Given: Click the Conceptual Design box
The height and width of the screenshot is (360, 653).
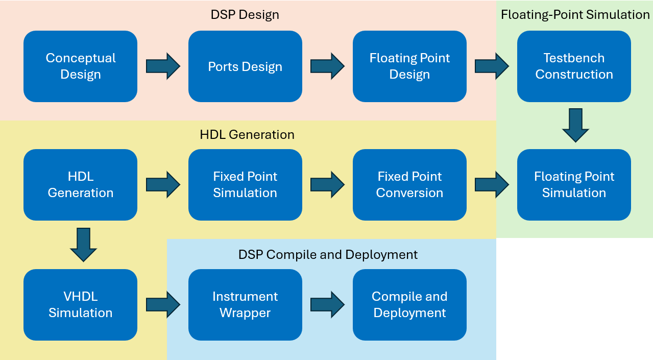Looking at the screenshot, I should pyautogui.click(x=80, y=66).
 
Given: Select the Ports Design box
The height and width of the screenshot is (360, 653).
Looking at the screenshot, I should pyautogui.click(x=245, y=66).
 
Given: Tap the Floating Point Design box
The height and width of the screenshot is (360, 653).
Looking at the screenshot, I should pyautogui.click(x=409, y=66).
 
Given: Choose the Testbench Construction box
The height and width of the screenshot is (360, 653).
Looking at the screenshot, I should pyautogui.click(x=574, y=66).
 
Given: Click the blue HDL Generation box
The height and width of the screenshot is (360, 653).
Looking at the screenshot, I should pyautogui.click(x=80, y=185).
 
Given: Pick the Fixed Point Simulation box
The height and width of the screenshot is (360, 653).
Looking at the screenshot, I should pyautogui.click(x=245, y=185).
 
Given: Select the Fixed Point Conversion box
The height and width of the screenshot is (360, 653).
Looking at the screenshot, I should pyautogui.click(x=409, y=185).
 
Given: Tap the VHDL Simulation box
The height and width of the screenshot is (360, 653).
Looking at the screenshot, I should pyautogui.click(x=80, y=305).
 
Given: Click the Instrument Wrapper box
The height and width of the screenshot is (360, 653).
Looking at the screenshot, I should pyautogui.click(x=245, y=305).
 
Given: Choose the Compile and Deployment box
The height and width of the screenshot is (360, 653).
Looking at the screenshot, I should pyautogui.click(x=409, y=305).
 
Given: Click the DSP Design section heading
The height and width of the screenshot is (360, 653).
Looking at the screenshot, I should pyautogui.click(x=245, y=14).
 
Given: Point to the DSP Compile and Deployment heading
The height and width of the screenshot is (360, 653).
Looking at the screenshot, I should pyautogui.click(x=328, y=254).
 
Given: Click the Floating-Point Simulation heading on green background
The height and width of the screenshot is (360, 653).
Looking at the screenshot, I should pyautogui.click(x=575, y=14).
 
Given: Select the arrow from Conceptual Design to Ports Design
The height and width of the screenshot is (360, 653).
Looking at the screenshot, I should pyautogui.click(x=163, y=66).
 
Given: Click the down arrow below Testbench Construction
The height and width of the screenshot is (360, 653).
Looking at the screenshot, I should pyautogui.click(x=575, y=125).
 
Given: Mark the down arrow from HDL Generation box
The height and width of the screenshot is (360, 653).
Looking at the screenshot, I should pyautogui.click(x=83, y=245).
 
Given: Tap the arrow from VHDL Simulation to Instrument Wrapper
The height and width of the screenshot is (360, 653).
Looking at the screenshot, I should pyautogui.click(x=163, y=305).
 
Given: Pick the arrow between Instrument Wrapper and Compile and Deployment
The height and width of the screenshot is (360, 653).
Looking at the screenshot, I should pyautogui.click(x=327, y=305).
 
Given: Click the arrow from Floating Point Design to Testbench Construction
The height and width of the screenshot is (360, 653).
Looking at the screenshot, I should pyautogui.click(x=492, y=66).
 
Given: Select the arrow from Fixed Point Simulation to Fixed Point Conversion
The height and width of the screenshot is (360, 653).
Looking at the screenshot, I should pyautogui.click(x=327, y=185).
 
